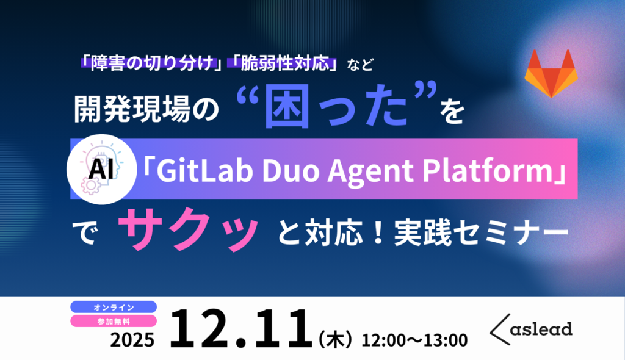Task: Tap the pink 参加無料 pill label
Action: tap(114, 320)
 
